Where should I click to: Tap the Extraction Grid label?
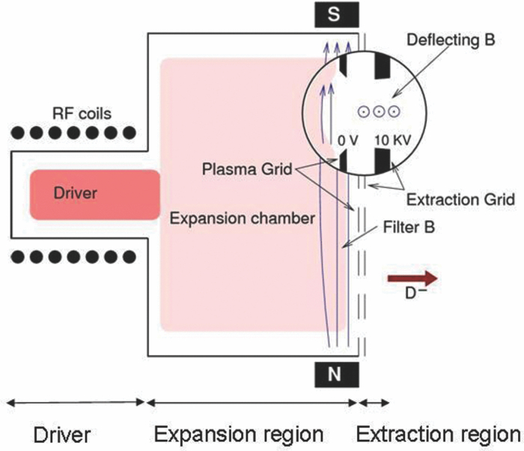(x=460, y=199)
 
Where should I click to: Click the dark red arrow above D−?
(x=412, y=278)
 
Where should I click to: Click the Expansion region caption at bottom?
(x=239, y=435)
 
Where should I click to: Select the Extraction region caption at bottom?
(x=437, y=435)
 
